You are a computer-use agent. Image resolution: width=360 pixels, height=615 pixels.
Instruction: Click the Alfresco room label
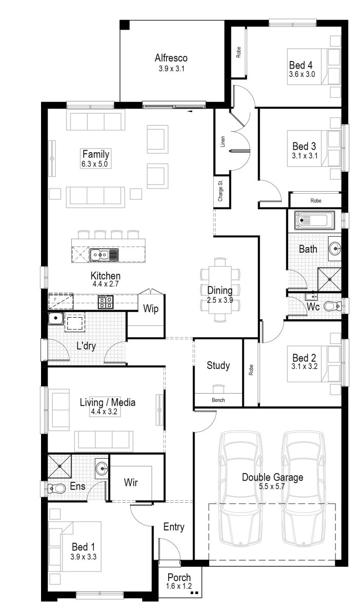pyautogui.click(x=171, y=58)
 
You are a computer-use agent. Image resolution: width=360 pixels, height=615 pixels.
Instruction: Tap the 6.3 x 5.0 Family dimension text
pyautogui.click(x=95, y=165)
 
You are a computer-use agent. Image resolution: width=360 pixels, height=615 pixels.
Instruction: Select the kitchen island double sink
pyautogui.click(x=103, y=254)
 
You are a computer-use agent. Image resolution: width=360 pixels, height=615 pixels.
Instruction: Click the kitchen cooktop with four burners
pyautogui.click(x=105, y=301)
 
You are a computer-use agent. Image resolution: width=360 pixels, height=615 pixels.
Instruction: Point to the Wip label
pyautogui.click(x=150, y=309)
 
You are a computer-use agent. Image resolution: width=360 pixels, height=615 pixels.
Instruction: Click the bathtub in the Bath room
pyautogui.click(x=314, y=220)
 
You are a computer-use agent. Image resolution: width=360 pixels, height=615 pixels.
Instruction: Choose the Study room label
pyautogui.click(x=218, y=365)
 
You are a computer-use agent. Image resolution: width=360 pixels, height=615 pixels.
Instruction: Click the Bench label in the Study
pyautogui.click(x=218, y=400)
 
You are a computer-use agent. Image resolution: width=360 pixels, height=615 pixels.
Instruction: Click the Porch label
pyautogui.click(x=178, y=578)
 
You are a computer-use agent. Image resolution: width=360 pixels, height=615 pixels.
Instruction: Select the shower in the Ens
pyautogui.click(x=61, y=466)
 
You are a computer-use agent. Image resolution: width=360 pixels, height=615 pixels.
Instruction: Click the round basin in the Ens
pyautogui.click(x=102, y=467)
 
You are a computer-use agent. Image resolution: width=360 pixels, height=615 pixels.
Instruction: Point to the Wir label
pyautogui.click(x=131, y=482)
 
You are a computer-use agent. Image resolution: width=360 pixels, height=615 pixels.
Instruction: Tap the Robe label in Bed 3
pyautogui.click(x=315, y=200)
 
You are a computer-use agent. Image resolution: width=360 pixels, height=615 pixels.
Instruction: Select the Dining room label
pyautogui.click(x=220, y=291)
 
